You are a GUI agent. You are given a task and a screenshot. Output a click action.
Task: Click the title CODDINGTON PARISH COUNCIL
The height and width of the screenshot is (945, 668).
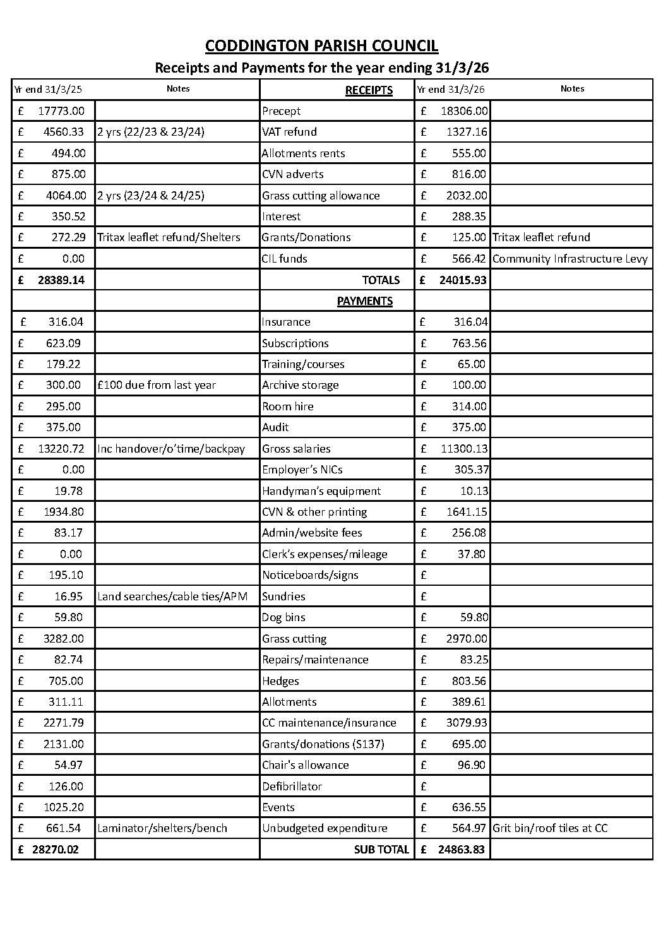pos(321,45)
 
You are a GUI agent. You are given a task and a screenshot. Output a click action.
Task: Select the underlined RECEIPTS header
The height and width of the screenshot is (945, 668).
pos(369,90)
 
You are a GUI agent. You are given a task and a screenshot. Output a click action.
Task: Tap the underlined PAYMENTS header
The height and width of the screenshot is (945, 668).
pos(364,301)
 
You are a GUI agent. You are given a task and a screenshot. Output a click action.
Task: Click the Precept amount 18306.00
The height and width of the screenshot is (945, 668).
pos(463,111)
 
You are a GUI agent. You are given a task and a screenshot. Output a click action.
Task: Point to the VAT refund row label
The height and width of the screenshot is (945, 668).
pos(289,132)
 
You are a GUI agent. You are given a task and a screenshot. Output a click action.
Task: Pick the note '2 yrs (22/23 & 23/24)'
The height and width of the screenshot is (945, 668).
pos(151,132)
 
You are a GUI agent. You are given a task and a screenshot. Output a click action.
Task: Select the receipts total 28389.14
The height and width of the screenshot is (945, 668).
pos(61,280)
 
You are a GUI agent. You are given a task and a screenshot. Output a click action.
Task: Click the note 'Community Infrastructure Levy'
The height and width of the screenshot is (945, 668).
pos(570,259)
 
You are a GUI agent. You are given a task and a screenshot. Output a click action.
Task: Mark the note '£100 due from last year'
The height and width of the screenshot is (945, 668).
pos(157,385)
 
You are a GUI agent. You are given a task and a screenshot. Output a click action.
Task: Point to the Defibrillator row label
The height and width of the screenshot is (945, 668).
pos(292,787)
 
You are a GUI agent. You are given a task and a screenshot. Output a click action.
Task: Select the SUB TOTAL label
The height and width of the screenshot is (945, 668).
pos(381,850)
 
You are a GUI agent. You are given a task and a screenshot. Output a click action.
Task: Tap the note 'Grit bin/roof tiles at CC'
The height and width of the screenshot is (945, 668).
pos(550,828)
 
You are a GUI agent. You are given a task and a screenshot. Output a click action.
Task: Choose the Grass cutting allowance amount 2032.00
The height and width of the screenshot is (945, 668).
pos(466,196)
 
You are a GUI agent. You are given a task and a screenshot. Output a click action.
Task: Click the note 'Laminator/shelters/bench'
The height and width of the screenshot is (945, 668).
pos(162,828)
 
